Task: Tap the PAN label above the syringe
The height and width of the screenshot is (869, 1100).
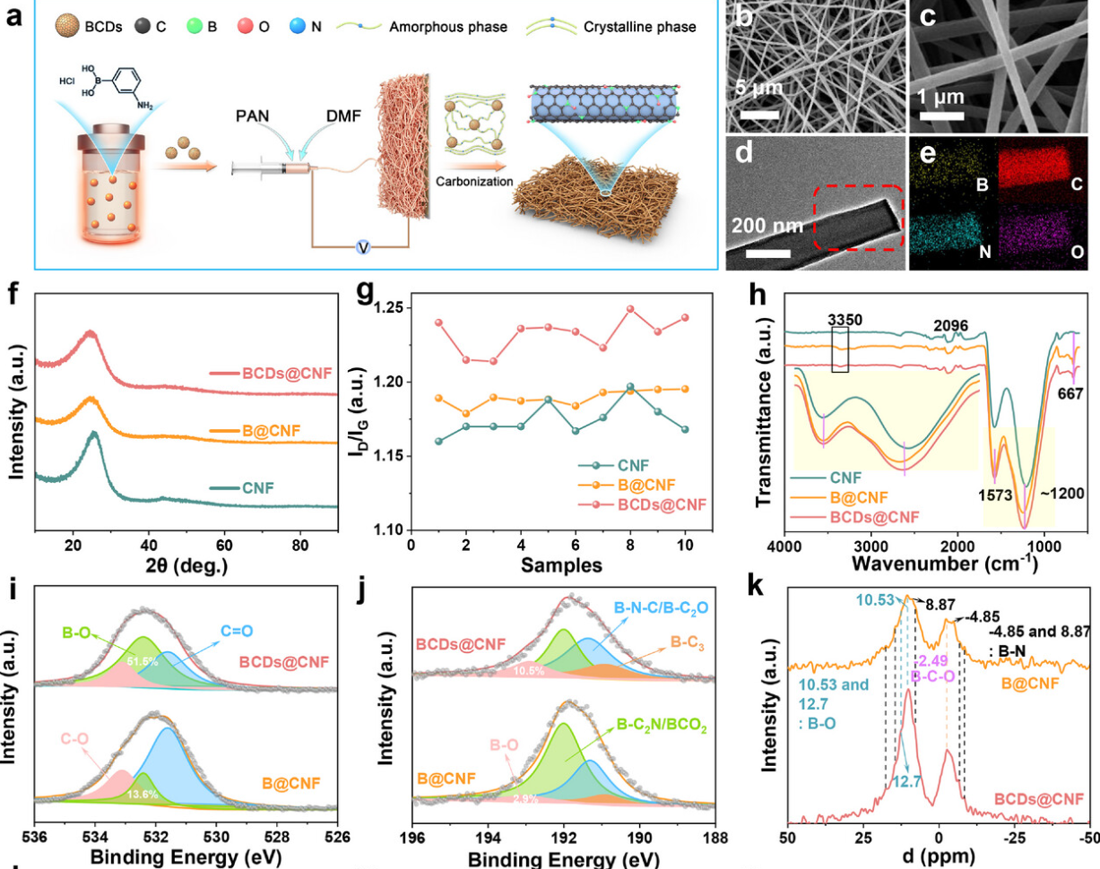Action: pos(253,116)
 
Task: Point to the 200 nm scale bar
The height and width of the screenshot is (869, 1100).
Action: pos(767,253)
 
